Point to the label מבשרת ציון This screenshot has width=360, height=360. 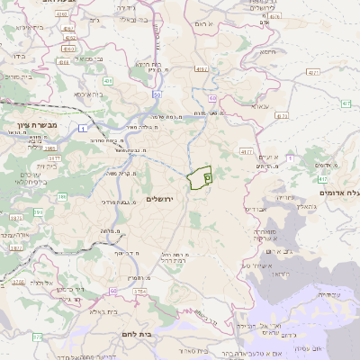pos(36,124)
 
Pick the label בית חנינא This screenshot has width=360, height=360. pos(148,65)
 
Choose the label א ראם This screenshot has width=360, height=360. pos(207,22)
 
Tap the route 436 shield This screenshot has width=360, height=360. pos(107,81)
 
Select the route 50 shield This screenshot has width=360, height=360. pos(156,94)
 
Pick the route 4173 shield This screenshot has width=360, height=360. pos(282,116)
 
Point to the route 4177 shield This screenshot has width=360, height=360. pos(247,151)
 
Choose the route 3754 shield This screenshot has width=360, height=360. pos(139,292)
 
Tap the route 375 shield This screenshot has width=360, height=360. pos(38,337)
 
